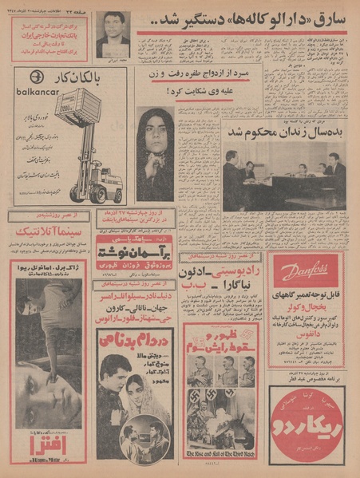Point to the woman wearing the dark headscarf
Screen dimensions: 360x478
pyautogui.click(x=155, y=152)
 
